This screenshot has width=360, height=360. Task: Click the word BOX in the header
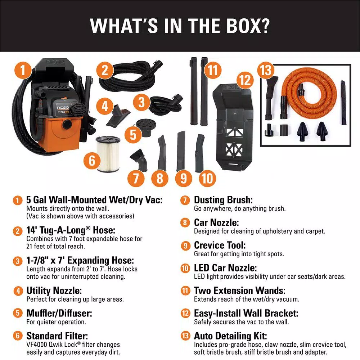(248, 25)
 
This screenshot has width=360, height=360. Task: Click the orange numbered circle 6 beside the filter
(92, 160)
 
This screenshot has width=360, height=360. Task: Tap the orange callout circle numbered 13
(266, 70)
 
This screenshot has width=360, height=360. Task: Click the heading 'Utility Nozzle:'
(54, 291)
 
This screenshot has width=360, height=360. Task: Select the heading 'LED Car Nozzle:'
(225, 268)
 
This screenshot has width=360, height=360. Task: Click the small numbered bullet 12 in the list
(185, 314)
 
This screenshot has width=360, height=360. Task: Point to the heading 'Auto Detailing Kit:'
(230, 336)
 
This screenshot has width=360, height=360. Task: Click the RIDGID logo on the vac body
(63, 108)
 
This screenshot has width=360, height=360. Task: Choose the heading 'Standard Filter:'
(57, 336)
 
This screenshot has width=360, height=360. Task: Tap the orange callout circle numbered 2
(105, 70)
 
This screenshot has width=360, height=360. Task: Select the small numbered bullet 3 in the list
(18, 261)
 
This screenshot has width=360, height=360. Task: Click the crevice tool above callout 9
(181, 151)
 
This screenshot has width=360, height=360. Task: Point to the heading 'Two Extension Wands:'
(240, 291)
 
